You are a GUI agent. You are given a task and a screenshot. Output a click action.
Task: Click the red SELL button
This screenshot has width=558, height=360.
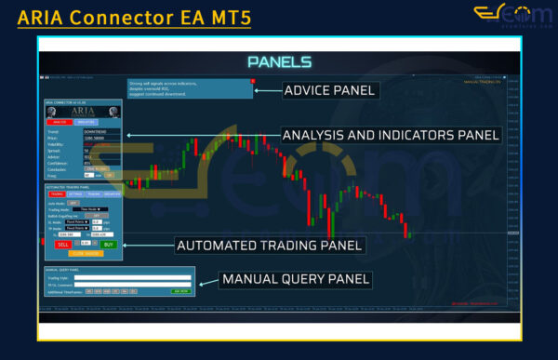coord(63,244)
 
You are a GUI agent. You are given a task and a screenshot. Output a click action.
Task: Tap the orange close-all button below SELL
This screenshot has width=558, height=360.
coord(85,252)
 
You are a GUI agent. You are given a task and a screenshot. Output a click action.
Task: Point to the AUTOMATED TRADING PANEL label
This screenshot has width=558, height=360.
coord(269,247)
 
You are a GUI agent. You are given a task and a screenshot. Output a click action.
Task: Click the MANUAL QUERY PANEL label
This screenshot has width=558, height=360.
coord(295,279)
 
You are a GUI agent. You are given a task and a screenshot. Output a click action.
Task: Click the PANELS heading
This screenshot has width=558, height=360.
coord(278,61)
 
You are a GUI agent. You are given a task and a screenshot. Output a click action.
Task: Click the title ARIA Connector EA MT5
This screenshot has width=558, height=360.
coord(134,17)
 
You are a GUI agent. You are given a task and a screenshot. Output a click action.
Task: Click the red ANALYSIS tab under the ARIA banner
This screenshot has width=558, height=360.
coord(59,122)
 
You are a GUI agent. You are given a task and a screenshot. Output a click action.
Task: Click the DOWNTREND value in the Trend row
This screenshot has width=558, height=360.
coord(97,132)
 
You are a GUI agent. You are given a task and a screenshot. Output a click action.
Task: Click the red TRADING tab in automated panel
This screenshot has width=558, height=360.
coord(56,193)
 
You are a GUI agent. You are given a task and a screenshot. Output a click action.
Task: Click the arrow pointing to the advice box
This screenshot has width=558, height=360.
coord(270,90)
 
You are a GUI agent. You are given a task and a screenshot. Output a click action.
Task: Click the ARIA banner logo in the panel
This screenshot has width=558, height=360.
coord(84,110)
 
